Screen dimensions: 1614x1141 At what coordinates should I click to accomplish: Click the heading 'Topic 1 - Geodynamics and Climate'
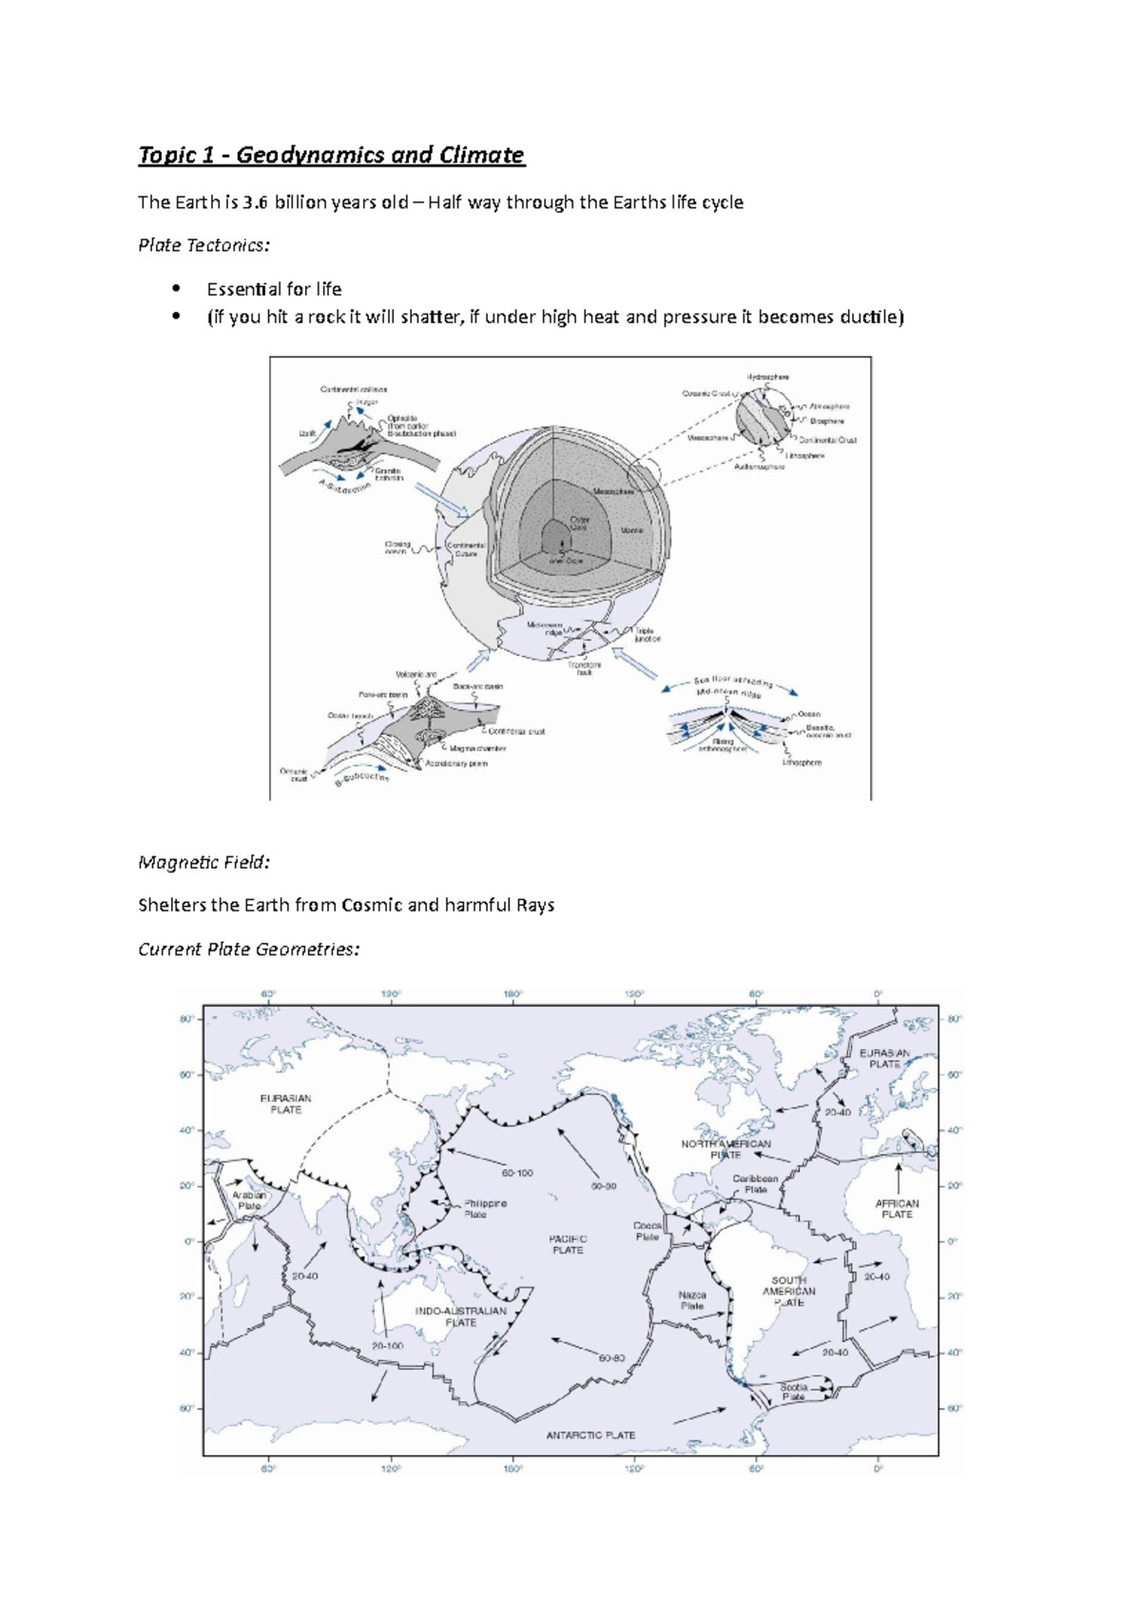click(331, 155)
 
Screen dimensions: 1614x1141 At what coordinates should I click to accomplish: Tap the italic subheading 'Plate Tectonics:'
click(203, 245)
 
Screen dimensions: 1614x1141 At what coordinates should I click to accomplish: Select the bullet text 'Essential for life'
click(274, 289)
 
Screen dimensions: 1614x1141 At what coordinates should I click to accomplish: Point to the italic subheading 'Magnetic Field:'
click(203, 862)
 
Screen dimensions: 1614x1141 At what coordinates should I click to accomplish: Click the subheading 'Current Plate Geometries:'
click(248, 949)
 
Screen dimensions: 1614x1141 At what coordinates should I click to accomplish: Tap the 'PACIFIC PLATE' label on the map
click(568, 1244)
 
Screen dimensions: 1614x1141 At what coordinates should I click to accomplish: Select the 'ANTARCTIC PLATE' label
click(590, 1435)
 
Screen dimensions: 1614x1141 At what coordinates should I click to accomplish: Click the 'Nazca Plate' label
click(692, 1300)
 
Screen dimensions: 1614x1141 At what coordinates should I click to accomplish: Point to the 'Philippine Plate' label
click(485, 1208)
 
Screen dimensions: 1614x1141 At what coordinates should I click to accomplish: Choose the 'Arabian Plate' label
click(249, 1201)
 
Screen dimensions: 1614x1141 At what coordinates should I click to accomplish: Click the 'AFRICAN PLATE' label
click(897, 1208)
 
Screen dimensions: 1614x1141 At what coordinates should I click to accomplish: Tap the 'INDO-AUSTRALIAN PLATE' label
click(461, 1316)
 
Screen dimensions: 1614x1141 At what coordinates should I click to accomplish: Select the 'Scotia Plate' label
click(793, 1392)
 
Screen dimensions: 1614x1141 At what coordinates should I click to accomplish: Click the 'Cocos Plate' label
click(648, 1231)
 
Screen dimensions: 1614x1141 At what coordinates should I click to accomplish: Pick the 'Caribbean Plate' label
click(755, 1183)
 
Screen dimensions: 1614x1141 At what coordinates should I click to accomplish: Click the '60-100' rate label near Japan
click(517, 1173)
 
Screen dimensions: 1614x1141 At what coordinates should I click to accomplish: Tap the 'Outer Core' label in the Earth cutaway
click(580, 523)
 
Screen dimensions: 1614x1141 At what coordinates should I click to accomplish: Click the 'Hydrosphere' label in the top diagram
click(767, 377)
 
